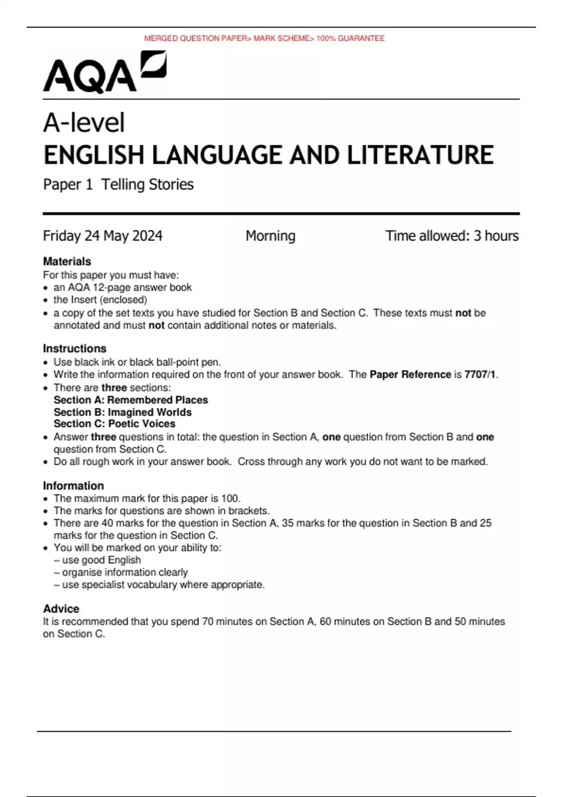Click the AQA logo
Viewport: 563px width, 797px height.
point(104,73)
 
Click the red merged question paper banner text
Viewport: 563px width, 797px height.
point(264,38)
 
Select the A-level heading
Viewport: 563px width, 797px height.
point(84,123)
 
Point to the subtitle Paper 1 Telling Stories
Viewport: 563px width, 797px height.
point(118,184)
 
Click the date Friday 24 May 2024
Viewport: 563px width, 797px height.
point(103,235)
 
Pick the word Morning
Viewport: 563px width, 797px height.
point(270,235)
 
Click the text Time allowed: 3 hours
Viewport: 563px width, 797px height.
point(452,235)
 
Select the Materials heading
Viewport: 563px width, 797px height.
point(67,261)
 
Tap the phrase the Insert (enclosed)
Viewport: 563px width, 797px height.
point(100,300)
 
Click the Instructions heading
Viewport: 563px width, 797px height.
point(75,348)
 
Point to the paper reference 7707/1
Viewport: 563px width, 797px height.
point(480,375)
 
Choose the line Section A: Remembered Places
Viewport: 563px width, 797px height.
point(131,400)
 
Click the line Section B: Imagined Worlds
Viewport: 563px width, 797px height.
point(122,412)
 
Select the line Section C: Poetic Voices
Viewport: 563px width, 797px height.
point(114,424)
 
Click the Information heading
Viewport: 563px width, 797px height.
point(73,486)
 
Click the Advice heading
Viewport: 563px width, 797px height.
point(61,609)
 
